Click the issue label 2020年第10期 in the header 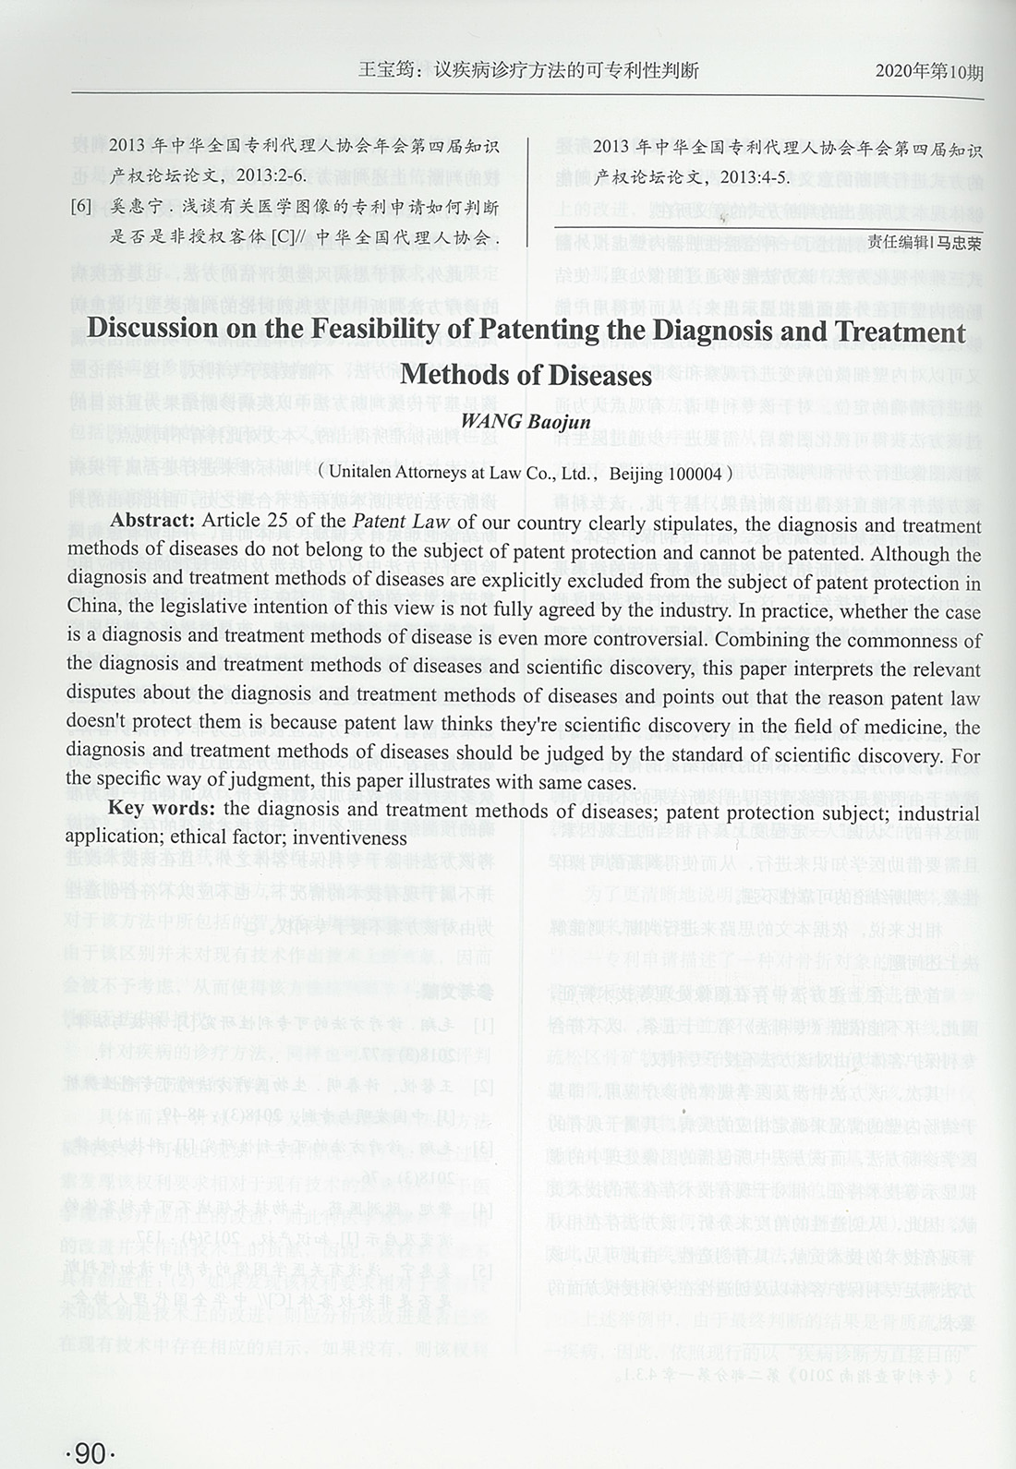[928, 71]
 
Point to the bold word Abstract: [152, 521]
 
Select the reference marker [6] [81, 208]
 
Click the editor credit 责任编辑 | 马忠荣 [924, 242]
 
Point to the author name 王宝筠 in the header [384, 71]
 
